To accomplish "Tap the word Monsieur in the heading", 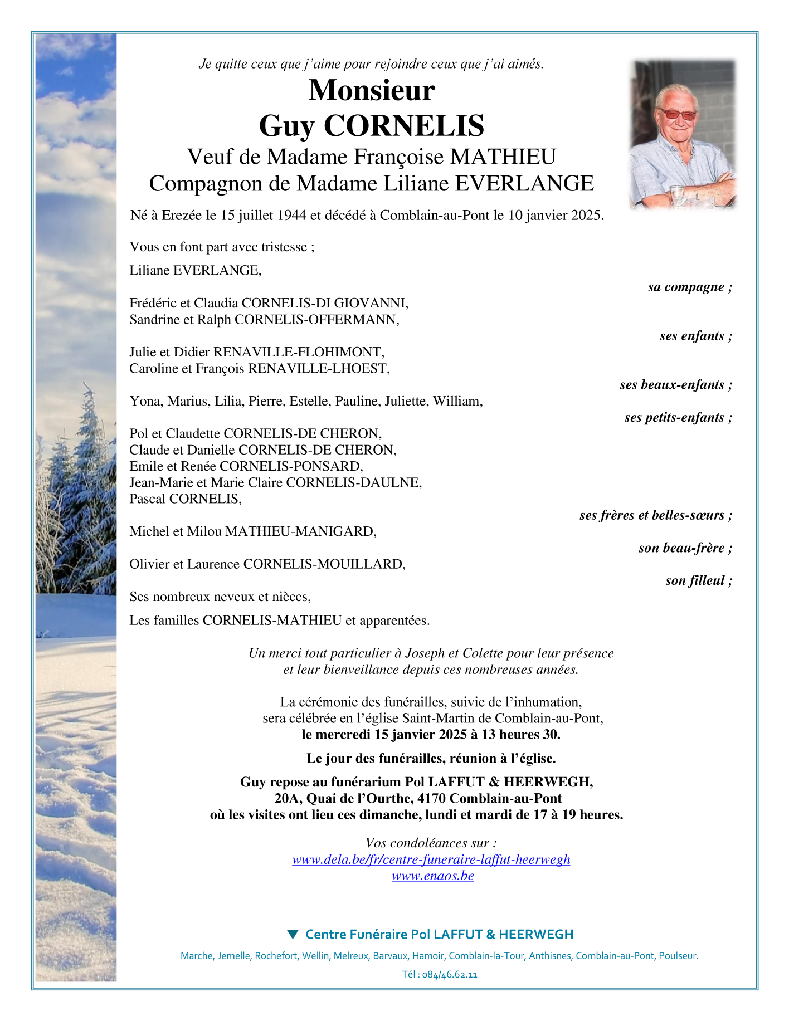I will (x=372, y=90).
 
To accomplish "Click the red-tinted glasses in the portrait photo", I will (x=678, y=115).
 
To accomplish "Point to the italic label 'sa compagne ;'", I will (x=690, y=287).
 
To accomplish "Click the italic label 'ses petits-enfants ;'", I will (x=678, y=418).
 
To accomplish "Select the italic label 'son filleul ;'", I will (x=699, y=581).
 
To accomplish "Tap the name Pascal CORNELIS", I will (x=186, y=499).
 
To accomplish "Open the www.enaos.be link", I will (x=433, y=876).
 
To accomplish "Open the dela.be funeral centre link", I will (x=431, y=859).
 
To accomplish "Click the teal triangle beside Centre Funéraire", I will (x=293, y=934).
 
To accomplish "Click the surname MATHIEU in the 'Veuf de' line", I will (x=503, y=157).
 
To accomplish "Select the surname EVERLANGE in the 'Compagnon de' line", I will (x=524, y=184).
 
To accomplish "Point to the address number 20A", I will (x=288, y=799).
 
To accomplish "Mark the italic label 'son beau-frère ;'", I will (x=685, y=548).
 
